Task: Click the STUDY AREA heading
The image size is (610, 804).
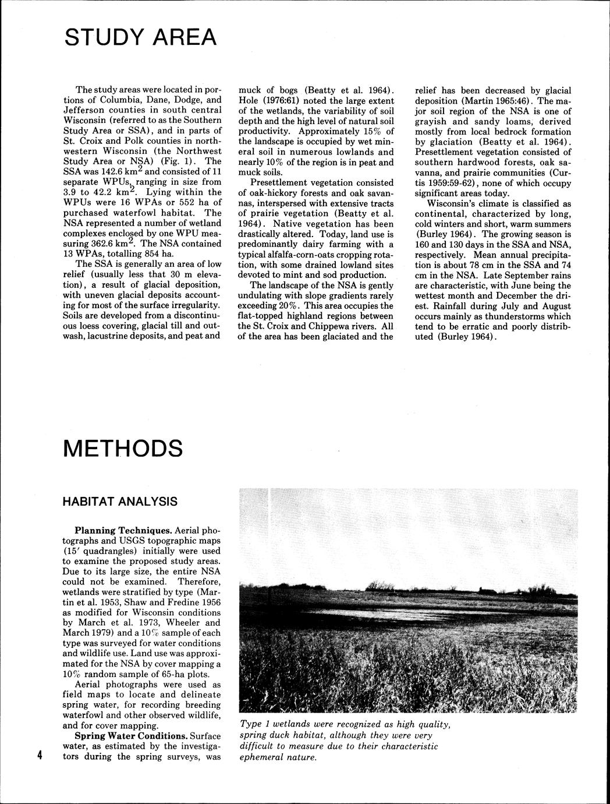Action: point(140,37)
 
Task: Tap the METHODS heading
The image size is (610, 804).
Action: point(123,448)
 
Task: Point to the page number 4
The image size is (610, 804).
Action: point(40,756)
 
